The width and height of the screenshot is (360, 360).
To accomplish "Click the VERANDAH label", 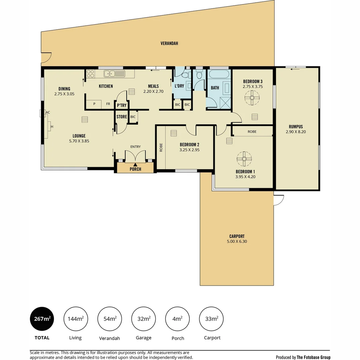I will click(x=169, y=43).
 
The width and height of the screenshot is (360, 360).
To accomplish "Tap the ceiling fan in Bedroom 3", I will click(x=252, y=98).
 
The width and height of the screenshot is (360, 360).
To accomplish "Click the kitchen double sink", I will click(x=114, y=73).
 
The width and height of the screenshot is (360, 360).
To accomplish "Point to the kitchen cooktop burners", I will click(x=90, y=73).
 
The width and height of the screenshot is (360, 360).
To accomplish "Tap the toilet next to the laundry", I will click(x=199, y=75).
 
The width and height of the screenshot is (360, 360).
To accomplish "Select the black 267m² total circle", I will click(x=42, y=319).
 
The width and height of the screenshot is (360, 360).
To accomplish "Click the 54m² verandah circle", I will click(x=110, y=319).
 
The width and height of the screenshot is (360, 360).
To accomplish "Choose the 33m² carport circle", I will click(x=211, y=319).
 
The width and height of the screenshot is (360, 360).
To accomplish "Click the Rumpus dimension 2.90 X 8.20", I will click(x=296, y=132).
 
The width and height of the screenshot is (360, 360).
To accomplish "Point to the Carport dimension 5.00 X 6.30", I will click(x=237, y=242).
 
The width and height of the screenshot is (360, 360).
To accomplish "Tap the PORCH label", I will click(x=135, y=169).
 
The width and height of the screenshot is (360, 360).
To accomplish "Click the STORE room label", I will click(x=122, y=117).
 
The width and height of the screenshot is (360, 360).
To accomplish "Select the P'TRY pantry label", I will click(x=121, y=105).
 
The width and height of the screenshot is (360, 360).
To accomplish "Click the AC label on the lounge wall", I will click(x=48, y=112).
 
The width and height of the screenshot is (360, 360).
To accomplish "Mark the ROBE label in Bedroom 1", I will click(x=252, y=132).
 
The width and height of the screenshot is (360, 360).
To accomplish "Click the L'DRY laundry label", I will click(x=179, y=86).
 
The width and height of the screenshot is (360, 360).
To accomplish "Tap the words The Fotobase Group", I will click(x=314, y=357).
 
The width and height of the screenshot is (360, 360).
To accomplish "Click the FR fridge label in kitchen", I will click(x=108, y=104).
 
